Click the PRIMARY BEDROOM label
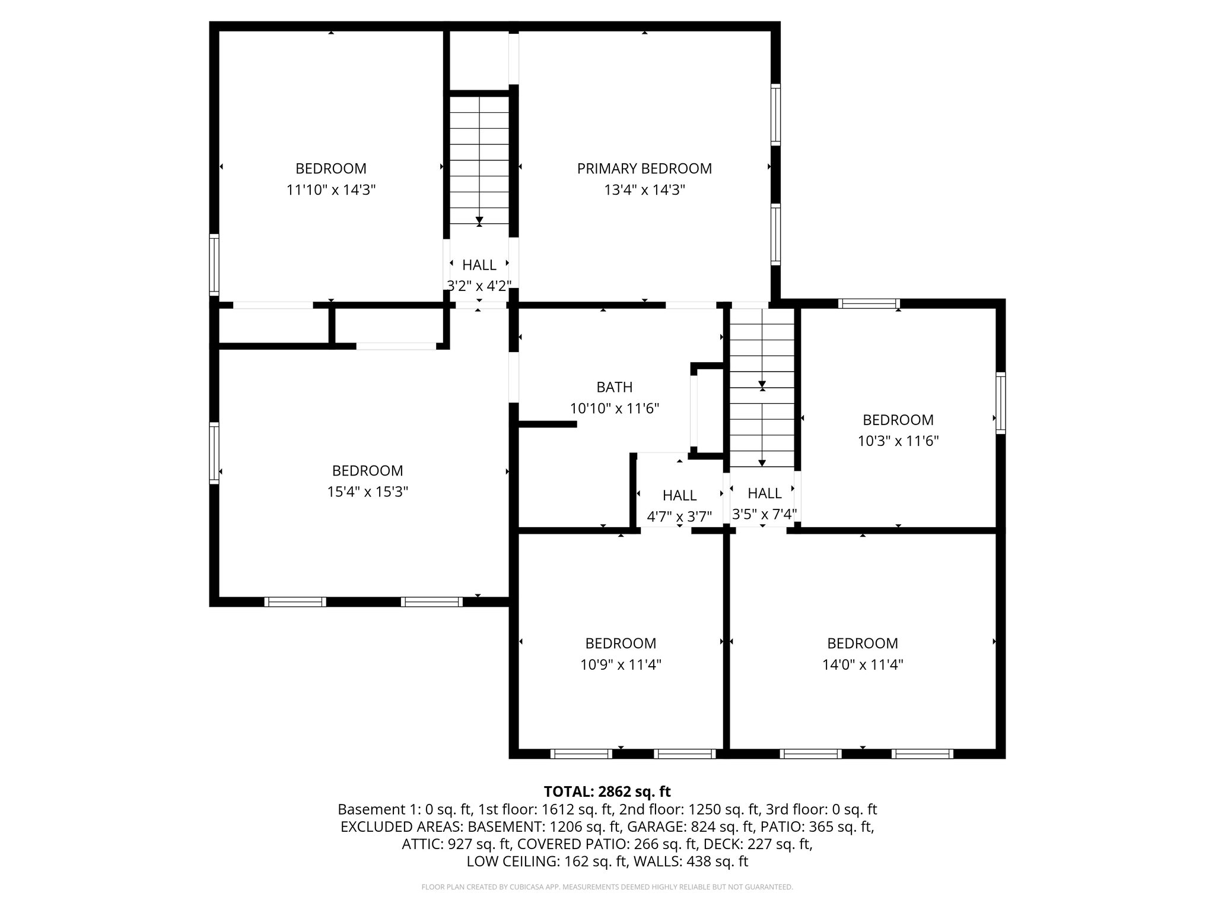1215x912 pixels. click(x=644, y=169)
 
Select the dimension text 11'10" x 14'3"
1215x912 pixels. click(x=331, y=190)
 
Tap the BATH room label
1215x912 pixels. click(x=614, y=387)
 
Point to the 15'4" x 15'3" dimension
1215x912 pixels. click(x=367, y=492)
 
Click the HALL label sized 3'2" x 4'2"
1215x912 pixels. click(x=479, y=265)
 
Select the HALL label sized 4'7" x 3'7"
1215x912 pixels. click(x=679, y=495)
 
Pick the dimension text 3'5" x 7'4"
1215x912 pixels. click(x=764, y=514)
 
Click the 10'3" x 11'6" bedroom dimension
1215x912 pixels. click(x=898, y=441)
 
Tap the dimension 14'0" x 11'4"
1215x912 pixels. click(x=862, y=664)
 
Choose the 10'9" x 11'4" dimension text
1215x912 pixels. click(x=621, y=664)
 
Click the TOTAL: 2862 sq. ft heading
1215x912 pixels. click(x=607, y=791)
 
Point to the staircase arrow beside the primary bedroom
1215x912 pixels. click(x=479, y=221)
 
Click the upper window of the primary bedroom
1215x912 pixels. click(x=775, y=115)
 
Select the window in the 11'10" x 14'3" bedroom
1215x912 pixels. click(x=214, y=265)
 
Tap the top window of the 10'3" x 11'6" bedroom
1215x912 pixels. click(x=869, y=304)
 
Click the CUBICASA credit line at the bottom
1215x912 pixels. click(x=607, y=887)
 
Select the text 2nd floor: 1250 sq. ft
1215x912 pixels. click(x=680, y=809)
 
